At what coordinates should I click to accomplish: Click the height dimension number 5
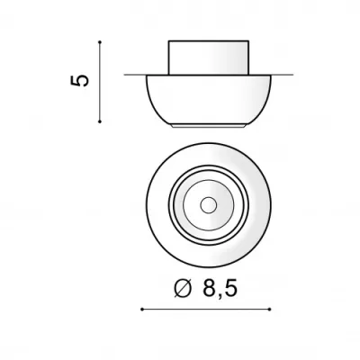coord(80,81)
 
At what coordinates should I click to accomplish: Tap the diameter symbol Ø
coord(183,287)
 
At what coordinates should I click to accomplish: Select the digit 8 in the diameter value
coord(210,287)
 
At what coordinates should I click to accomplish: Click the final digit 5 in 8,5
coord(231,287)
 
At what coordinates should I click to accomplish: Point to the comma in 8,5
coord(220,295)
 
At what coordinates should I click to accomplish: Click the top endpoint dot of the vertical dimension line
coord(100,41)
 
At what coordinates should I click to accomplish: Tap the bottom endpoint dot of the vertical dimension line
coord(100,121)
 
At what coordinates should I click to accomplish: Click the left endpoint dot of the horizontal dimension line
coord(142,309)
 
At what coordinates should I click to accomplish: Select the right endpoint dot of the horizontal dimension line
coord(270,309)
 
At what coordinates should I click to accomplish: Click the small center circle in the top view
coord(209,205)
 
